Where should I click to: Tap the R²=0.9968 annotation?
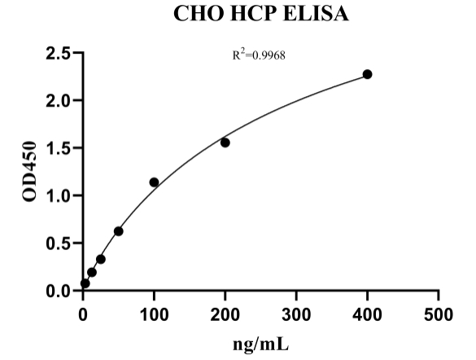[260, 57]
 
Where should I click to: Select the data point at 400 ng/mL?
[368, 74]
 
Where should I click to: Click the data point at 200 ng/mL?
[225, 143]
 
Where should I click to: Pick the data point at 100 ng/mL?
[154, 182]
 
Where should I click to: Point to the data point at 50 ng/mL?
[119, 231]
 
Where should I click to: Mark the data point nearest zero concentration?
[85, 283]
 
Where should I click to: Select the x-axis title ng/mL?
[260, 344]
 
